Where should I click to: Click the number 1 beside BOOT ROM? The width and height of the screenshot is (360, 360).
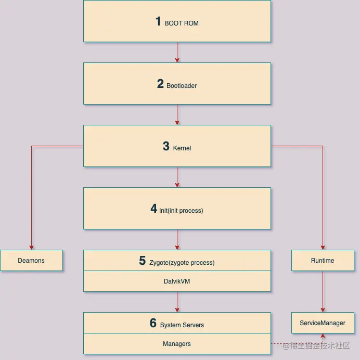coord(159,21)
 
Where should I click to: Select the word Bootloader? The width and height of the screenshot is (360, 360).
coord(182,85)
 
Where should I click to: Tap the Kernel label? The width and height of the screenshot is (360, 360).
coord(182,148)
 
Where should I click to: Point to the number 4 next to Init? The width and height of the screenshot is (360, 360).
coord(154,209)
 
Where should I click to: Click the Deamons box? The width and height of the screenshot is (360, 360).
coord(31,260)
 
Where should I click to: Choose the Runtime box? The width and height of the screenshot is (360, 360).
coord(323,260)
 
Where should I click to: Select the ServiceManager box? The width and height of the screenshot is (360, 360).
coord(323,323)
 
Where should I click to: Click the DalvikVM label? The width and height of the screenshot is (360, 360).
coord(177,281)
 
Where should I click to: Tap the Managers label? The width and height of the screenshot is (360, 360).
coord(177,343)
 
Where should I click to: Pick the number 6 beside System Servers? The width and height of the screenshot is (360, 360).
coord(153,323)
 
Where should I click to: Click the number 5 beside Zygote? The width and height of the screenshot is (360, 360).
coord(142,261)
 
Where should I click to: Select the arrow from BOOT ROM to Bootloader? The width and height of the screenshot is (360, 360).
coord(177,52)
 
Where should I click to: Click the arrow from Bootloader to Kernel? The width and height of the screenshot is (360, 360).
coord(177,114)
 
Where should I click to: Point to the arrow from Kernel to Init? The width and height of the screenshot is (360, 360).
coord(177,177)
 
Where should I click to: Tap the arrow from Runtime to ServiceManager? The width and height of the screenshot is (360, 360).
coord(323,291)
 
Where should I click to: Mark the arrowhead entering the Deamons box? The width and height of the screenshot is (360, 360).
coord(32,247)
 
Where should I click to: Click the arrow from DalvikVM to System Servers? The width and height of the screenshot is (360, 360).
coord(177,302)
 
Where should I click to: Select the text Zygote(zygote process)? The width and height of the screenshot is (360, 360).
coord(182,263)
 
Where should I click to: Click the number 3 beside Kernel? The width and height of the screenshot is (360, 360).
coord(166,146)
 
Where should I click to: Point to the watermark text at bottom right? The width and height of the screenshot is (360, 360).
coord(320,346)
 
